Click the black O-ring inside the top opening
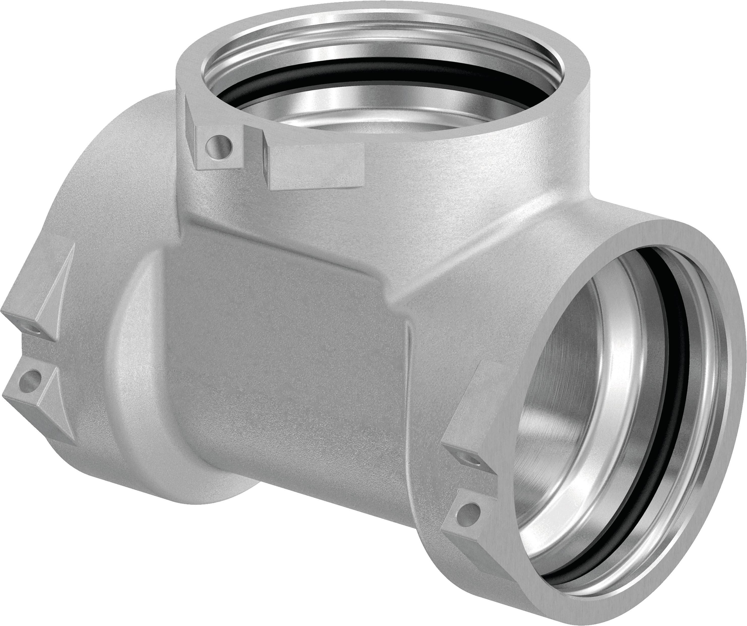tap(356, 71)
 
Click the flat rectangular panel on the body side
tap(284, 338)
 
